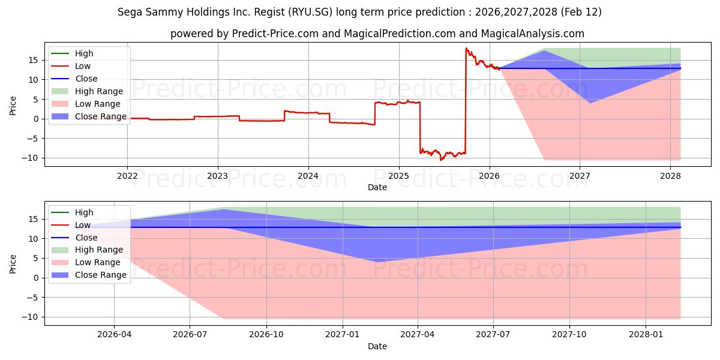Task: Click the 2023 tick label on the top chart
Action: (217, 176)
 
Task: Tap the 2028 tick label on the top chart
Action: (670, 176)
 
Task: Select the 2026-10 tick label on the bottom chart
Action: (266, 335)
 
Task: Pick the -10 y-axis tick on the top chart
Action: (32, 158)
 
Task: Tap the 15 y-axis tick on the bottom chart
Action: (35, 219)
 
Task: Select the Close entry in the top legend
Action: (86, 79)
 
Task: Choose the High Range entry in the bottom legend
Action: (98, 250)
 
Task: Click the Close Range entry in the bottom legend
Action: (100, 275)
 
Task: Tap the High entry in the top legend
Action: (84, 53)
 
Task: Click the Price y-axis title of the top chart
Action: (13, 106)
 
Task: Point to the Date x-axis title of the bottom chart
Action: (377, 346)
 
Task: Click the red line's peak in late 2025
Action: (466, 48)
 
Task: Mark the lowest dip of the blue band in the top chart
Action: (589, 103)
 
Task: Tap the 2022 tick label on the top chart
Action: (127, 176)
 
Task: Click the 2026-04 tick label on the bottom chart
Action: (114, 335)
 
